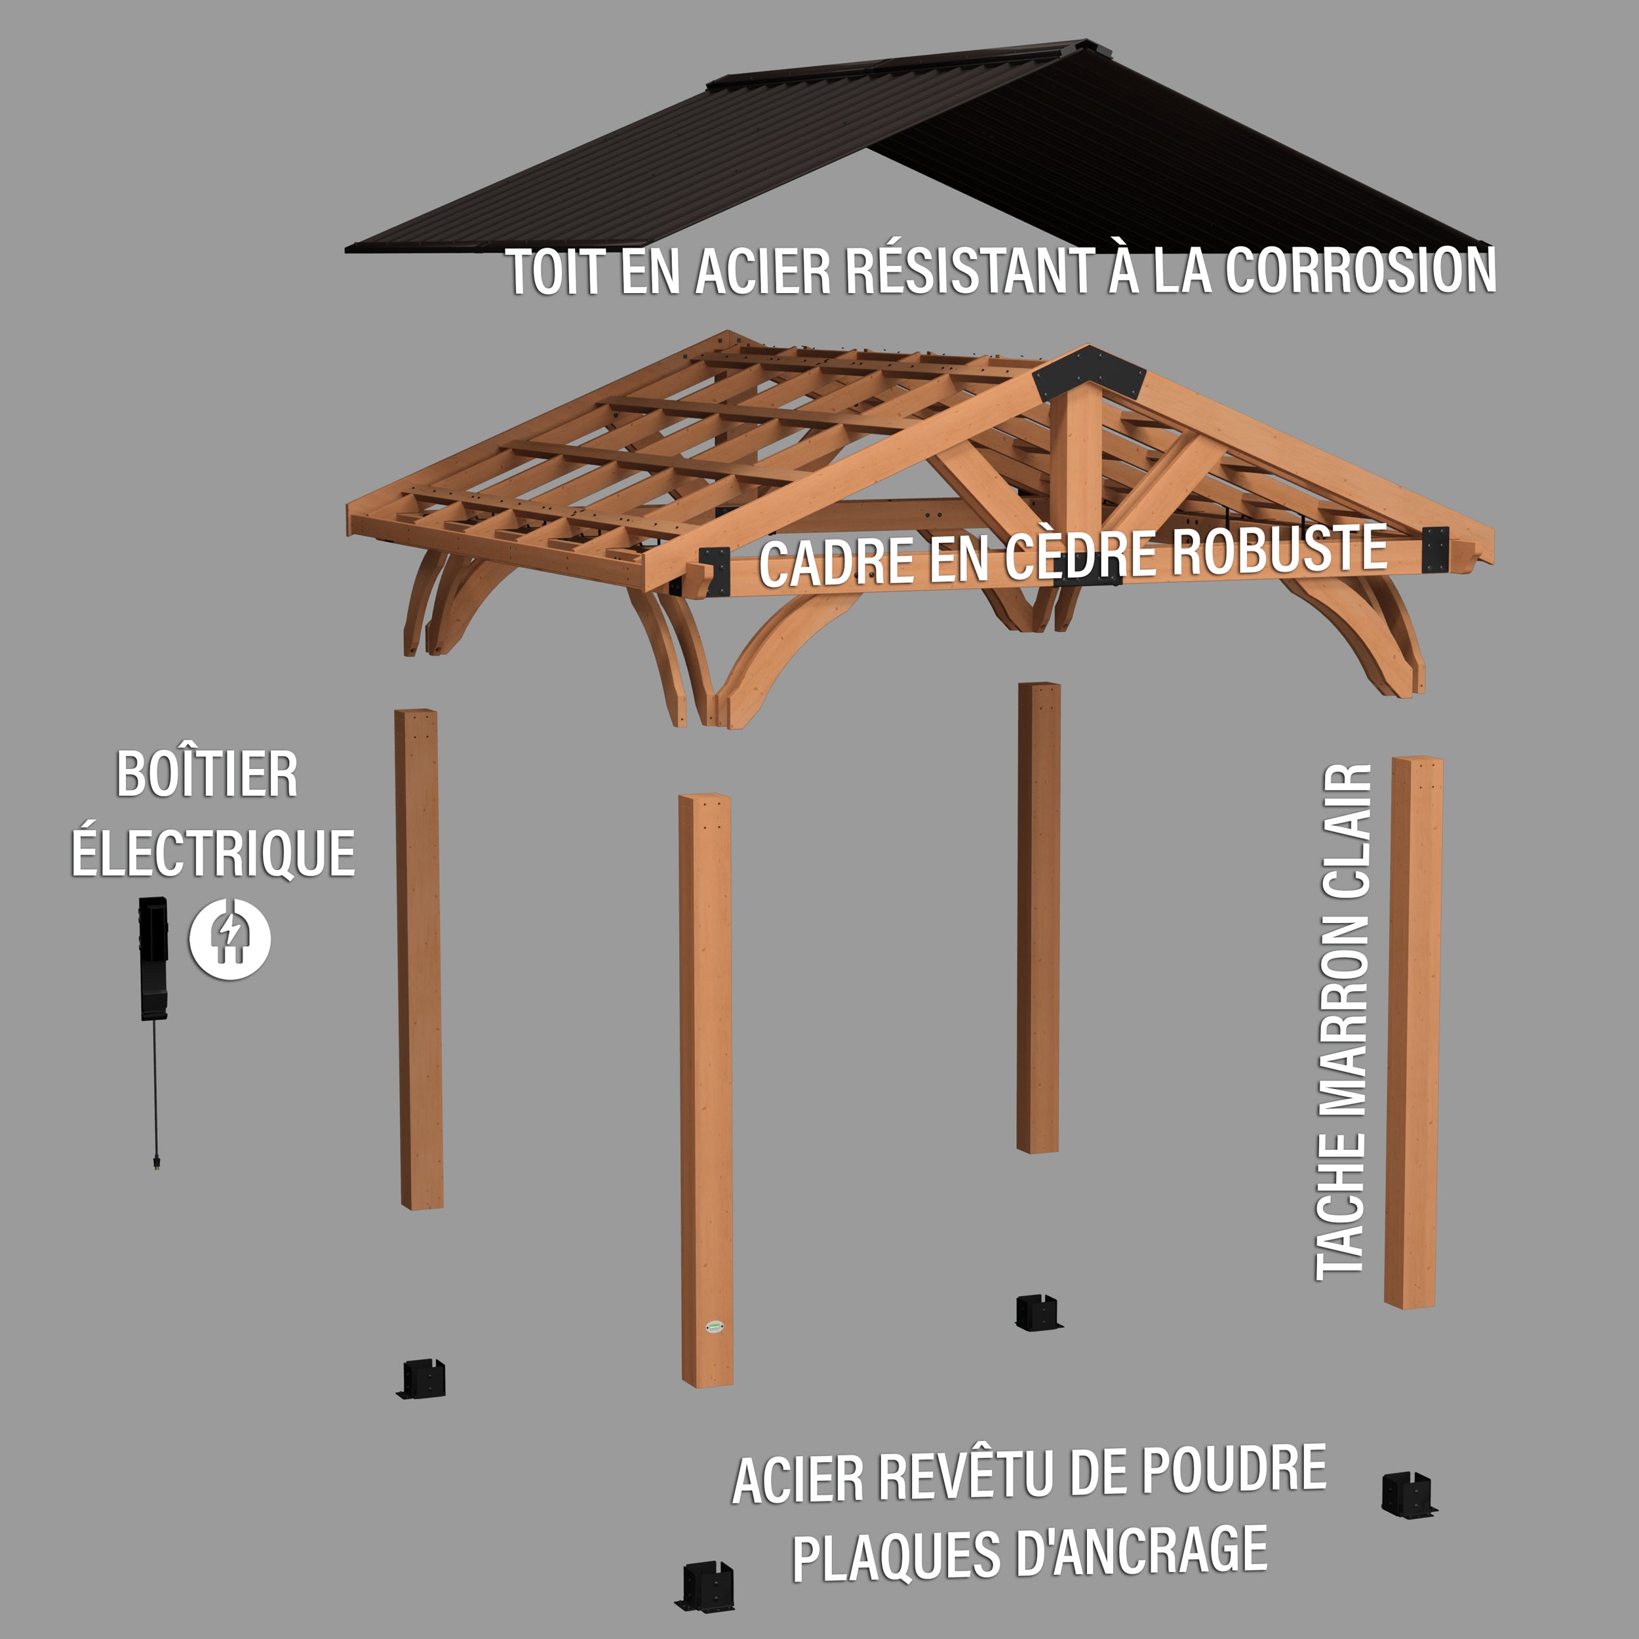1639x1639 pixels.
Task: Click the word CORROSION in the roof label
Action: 1360,271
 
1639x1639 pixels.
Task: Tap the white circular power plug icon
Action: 230,939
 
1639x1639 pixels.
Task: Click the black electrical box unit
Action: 153,958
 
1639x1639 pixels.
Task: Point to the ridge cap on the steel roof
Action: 899,62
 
